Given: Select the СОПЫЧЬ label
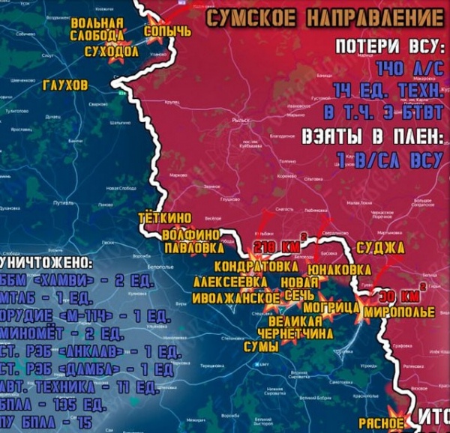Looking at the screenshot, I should coord(166,31).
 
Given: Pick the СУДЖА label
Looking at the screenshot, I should coord(380,247).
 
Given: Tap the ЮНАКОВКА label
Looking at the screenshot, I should coord(344,267).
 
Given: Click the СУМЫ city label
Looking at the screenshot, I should coord(261,347).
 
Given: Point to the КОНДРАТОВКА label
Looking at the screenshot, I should coord(252,266).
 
